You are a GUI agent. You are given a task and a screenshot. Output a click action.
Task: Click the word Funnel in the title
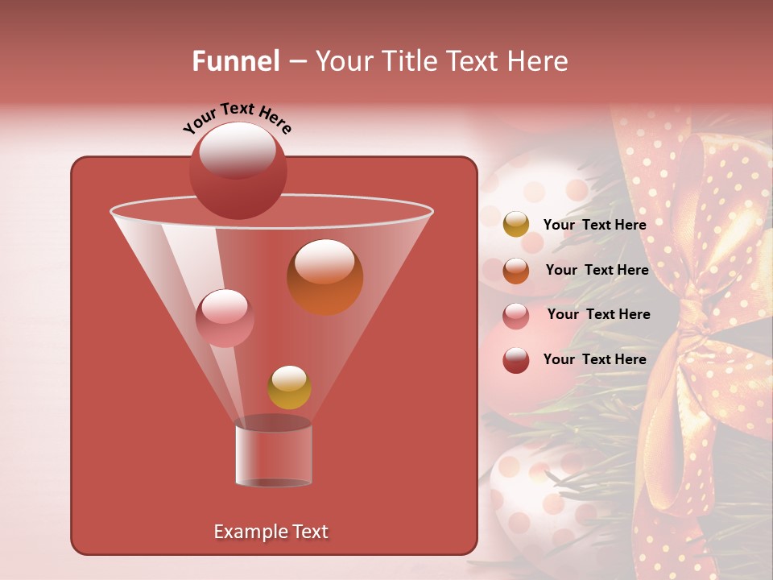pos(235,61)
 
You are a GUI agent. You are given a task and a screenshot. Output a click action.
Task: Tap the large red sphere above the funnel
pos(238,170)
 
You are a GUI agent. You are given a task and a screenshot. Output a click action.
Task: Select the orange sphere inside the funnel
pos(324,277)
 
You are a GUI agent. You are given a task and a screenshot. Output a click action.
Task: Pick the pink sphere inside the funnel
pos(225,317)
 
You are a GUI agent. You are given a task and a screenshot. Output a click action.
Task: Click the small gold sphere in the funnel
pos(289,387)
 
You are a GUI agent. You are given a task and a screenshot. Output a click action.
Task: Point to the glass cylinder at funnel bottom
pos(273,454)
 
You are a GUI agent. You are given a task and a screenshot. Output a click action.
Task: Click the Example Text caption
pos(271,532)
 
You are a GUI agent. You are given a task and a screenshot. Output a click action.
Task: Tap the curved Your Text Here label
pos(237,118)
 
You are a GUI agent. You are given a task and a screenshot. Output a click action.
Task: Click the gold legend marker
pos(516,225)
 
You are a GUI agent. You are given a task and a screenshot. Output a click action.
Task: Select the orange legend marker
pos(516,270)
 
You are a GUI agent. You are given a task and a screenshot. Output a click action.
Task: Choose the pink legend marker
pos(516,315)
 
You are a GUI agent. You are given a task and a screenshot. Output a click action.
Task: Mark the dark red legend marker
pos(516,360)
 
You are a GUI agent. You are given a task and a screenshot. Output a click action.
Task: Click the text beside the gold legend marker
pos(594,225)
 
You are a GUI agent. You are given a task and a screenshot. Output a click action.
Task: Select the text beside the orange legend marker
pos(597,270)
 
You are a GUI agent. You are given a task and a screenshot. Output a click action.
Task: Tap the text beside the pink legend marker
pos(598,314)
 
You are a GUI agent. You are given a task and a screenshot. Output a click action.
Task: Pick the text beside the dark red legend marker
pos(594,359)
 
